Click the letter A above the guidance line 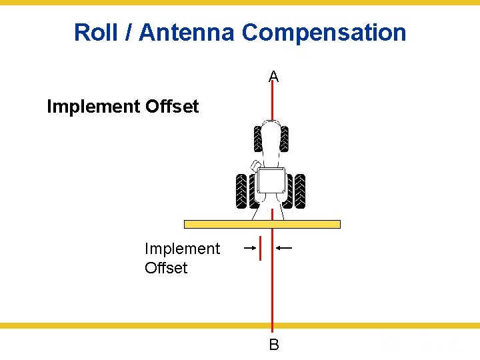273,77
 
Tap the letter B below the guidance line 273,345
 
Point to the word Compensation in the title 324,32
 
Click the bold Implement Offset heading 123,107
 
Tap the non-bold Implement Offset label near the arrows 181,258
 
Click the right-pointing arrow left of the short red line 250,248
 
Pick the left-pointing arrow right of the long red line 284,248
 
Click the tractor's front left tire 258,139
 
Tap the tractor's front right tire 285,139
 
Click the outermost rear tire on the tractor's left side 241,191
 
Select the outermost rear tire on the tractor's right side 301,191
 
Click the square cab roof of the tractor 271,181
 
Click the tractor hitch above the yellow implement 271,211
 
